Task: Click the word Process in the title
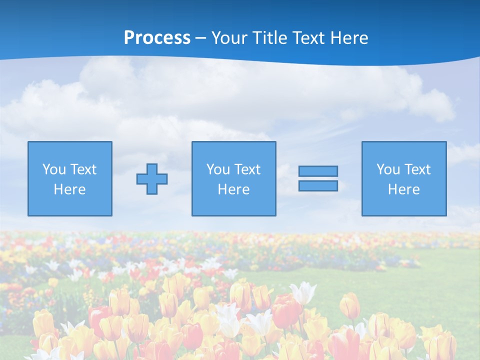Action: [157, 38]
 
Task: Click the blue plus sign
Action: [152, 179]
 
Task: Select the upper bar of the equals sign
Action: [318, 171]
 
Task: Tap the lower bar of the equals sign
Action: [318, 185]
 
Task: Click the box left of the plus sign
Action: [70, 178]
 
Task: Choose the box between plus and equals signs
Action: [233, 178]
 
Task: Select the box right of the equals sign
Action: [403, 178]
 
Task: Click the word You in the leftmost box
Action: [54, 169]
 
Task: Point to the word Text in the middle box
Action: [246, 169]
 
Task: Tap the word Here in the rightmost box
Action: [403, 189]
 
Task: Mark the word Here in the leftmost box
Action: [70, 189]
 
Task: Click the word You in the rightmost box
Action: [388, 169]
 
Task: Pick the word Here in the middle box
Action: [233, 189]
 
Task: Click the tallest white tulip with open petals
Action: [303, 292]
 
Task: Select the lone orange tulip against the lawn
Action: [349, 305]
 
